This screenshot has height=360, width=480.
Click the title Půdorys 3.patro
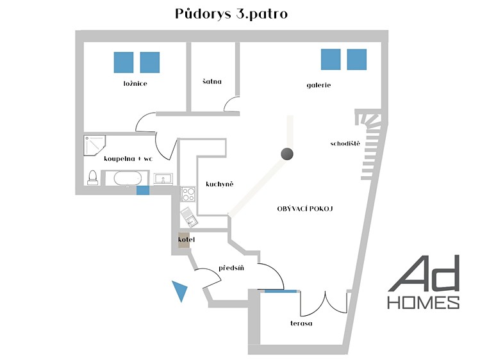click(231, 14)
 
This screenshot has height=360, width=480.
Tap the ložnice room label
click(135, 83)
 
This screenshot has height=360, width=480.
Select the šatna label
click(212, 81)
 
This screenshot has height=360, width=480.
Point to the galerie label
click(319, 85)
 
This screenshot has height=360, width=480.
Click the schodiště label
click(345, 143)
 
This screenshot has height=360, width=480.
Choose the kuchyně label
click(219, 184)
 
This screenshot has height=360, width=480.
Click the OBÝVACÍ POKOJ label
click(305, 209)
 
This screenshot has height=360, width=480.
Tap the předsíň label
click(231, 268)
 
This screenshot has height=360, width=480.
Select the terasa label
click(301, 323)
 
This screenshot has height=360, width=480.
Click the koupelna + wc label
click(128, 158)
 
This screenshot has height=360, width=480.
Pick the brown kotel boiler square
click(185, 240)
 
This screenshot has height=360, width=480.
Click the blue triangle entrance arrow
click(180, 291)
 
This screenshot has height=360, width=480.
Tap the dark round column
click(287, 154)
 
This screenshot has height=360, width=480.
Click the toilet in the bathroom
click(92, 177)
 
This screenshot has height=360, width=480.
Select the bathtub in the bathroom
click(128, 178)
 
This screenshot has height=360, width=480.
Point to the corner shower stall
click(94, 145)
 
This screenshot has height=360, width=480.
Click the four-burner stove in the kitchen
click(188, 194)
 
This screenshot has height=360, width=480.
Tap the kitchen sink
click(189, 217)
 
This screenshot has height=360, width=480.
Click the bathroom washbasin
click(163, 179)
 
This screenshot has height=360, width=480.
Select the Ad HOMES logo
click(424, 282)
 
